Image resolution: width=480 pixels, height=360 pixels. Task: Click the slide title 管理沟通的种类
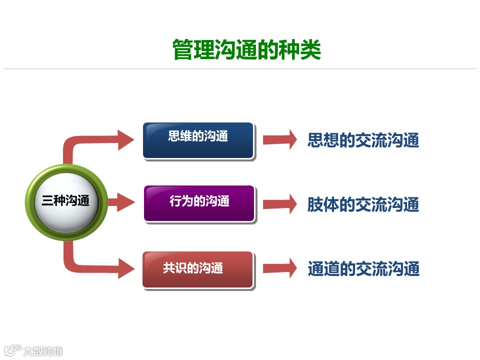(246, 50)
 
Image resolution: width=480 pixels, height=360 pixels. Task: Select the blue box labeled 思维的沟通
(198, 140)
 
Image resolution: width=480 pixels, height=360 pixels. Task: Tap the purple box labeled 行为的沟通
(199, 203)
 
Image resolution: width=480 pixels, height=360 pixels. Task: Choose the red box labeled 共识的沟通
(198, 269)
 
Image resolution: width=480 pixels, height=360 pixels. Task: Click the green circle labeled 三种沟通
(66, 201)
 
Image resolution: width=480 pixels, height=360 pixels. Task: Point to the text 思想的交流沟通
(363, 140)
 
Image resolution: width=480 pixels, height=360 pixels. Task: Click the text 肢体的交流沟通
(363, 204)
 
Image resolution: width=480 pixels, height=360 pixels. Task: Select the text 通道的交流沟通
(363, 269)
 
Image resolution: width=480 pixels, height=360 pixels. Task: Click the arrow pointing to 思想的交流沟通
(280, 139)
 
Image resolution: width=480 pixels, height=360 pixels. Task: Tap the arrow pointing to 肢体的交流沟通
(280, 203)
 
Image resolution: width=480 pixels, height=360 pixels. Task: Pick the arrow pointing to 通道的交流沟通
(280, 268)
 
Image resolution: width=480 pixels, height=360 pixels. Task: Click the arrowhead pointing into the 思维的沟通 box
(125, 139)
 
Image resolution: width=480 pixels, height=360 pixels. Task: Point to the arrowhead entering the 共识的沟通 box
(125, 268)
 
